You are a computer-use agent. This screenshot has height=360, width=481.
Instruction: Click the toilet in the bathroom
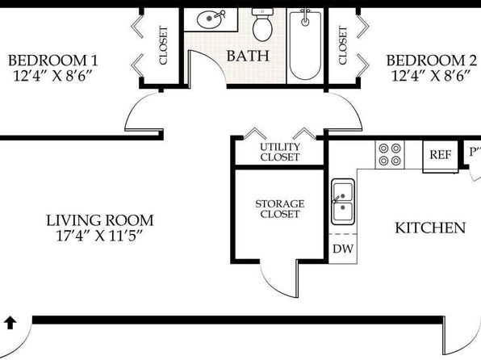pyautogui.click(x=262, y=25)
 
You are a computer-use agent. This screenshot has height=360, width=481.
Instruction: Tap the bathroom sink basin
pyautogui.click(x=208, y=19)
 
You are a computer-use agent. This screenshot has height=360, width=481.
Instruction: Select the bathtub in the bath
pyautogui.click(x=305, y=45)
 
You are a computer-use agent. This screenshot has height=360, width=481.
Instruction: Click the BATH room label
pyautogui.click(x=248, y=56)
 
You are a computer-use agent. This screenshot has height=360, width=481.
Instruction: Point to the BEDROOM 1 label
pyautogui.click(x=52, y=61)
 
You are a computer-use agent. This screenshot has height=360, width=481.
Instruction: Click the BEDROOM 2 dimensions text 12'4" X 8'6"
pyautogui.click(x=431, y=76)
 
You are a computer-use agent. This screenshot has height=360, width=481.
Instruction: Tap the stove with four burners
pyautogui.click(x=390, y=154)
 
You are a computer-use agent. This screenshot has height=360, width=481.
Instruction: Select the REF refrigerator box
pyautogui.click(x=441, y=155)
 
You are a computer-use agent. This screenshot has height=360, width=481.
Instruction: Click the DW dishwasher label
pyautogui.click(x=343, y=249)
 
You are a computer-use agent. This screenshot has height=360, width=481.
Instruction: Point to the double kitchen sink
pyautogui.click(x=343, y=202)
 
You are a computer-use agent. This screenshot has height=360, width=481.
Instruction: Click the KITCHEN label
pyautogui.click(x=430, y=228)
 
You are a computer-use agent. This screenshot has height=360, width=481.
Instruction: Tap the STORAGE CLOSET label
pyautogui.click(x=280, y=209)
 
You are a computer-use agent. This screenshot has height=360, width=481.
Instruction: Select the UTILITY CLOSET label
pyautogui.click(x=280, y=152)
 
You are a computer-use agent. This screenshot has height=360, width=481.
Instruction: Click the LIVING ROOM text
pyautogui.click(x=100, y=220)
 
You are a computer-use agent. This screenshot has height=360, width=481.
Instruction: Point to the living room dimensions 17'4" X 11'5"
pyautogui.click(x=100, y=236)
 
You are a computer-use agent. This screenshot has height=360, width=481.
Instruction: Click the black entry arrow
pyautogui.click(x=10, y=323)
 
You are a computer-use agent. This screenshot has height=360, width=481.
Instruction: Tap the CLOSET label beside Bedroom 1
pyautogui.click(x=163, y=45)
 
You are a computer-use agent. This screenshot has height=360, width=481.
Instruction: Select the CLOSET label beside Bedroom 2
pyautogui.click(x=343, y=45)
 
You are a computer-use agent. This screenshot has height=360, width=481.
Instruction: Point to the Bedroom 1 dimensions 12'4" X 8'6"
pyautogui.click(x=52, y=76)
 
